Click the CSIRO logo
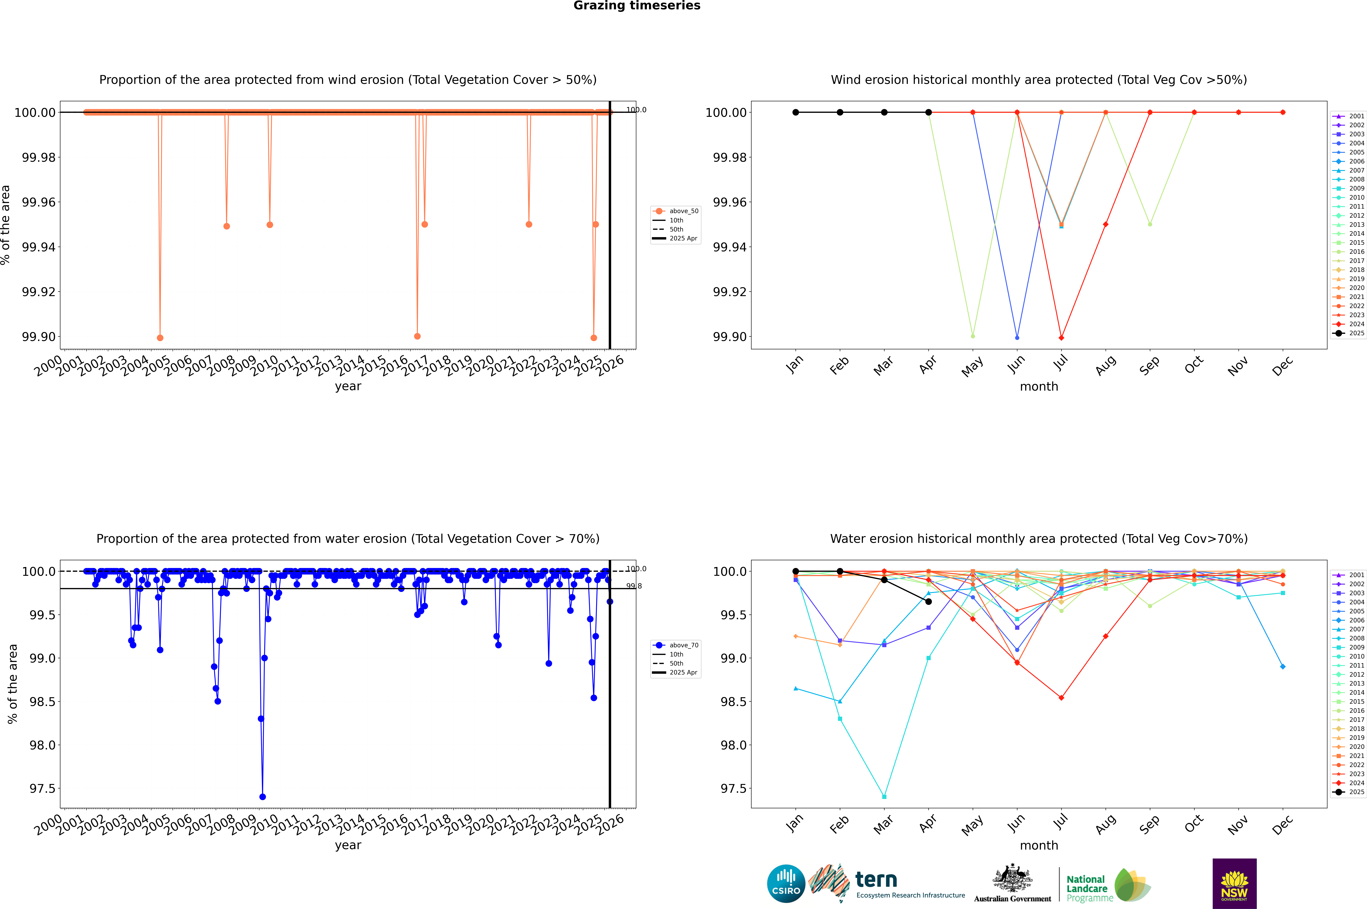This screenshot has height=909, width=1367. (x=786, y=884)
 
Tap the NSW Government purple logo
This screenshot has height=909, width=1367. (x=1234, y=884)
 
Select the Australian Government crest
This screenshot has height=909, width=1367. (x=1012, y=879)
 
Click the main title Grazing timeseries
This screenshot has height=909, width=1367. (x=637, y=6)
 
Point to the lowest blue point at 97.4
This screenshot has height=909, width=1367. (x=262, y=796)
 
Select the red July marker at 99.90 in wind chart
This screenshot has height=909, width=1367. (x=1061, y=337)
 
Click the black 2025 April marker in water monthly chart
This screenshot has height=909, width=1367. (x=928, y=602)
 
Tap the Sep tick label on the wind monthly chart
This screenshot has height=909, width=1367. (x=1149, y=365)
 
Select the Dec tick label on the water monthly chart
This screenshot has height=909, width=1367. (x=1282, y=824)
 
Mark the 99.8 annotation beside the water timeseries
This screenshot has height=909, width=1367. (x=634, y=586)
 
